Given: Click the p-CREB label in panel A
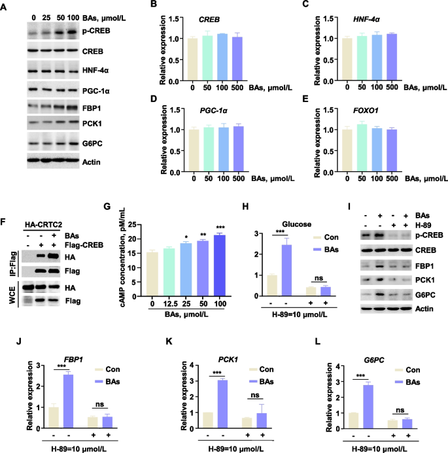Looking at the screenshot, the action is (x=96, y=31).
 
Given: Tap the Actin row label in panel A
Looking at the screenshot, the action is (x=92, y=162).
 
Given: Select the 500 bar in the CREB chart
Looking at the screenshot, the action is (x=237, y=59).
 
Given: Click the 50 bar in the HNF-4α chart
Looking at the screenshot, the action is (x=362, y=58).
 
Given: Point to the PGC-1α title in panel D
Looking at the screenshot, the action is (x=214, y=110).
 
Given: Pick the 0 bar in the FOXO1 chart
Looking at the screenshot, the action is (x=347, y=150).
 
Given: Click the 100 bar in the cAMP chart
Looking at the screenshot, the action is (x=220, y=265).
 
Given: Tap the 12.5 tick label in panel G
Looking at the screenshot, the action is (x=170, y=304).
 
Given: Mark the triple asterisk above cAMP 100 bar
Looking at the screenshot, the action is (x=220, y=227).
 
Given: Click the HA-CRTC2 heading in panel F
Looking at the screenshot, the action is (x=43, y=224).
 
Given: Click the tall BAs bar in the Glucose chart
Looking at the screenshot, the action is (x=286, y=270).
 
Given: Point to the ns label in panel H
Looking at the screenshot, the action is (x=319, y=278).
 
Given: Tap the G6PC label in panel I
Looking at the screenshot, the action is (x=425, y=295).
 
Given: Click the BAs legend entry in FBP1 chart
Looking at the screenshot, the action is (x=107, y=382).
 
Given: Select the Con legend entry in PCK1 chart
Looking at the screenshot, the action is (x=262, y=369).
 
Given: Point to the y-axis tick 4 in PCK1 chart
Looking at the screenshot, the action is (x=192, y=365).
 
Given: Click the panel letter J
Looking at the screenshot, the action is (x=19, y=341).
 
